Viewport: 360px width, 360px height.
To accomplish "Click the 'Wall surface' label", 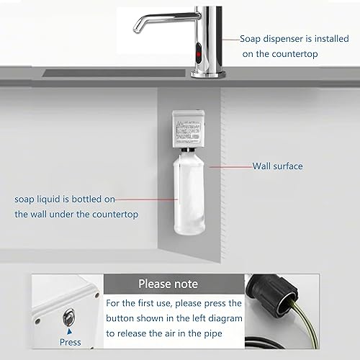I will tap(277, 166).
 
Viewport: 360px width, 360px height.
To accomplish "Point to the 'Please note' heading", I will tap(165, 284).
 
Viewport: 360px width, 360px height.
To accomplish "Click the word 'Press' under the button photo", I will tap(71, 342).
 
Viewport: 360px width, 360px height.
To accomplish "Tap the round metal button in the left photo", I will tap(69, 315).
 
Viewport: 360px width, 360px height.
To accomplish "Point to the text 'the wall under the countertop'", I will tap(76, 214).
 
